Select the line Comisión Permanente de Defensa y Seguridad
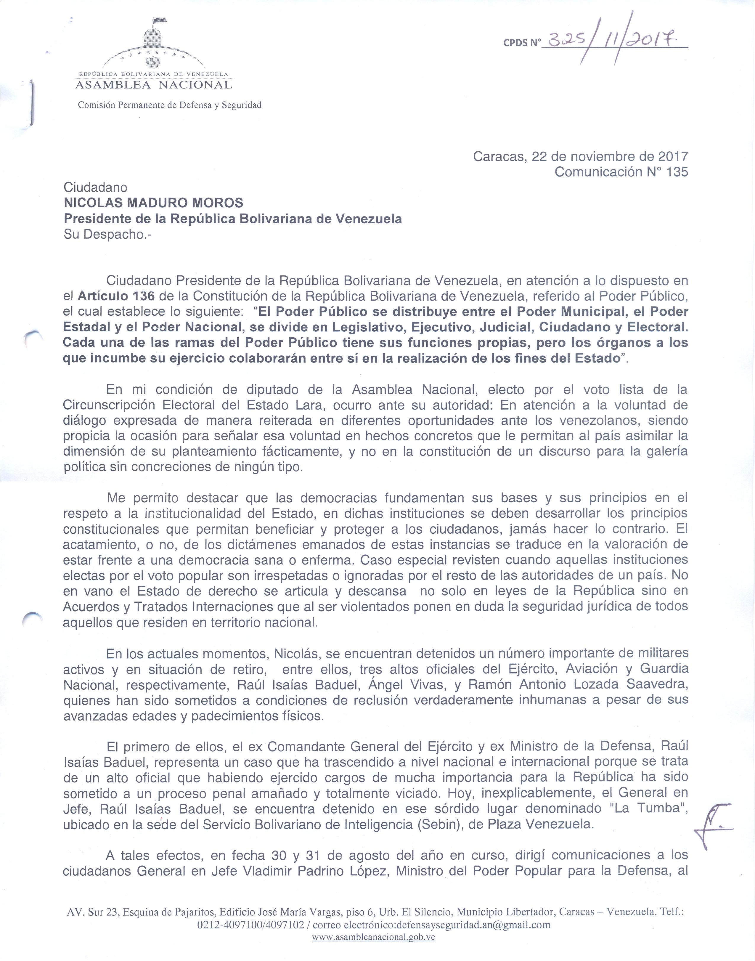(170, 105)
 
